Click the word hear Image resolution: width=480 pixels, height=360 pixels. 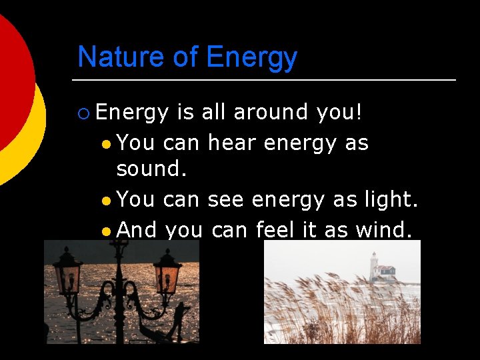[233, 143]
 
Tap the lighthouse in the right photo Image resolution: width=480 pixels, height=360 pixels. [375, 267]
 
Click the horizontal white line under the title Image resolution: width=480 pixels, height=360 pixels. [267, 80]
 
